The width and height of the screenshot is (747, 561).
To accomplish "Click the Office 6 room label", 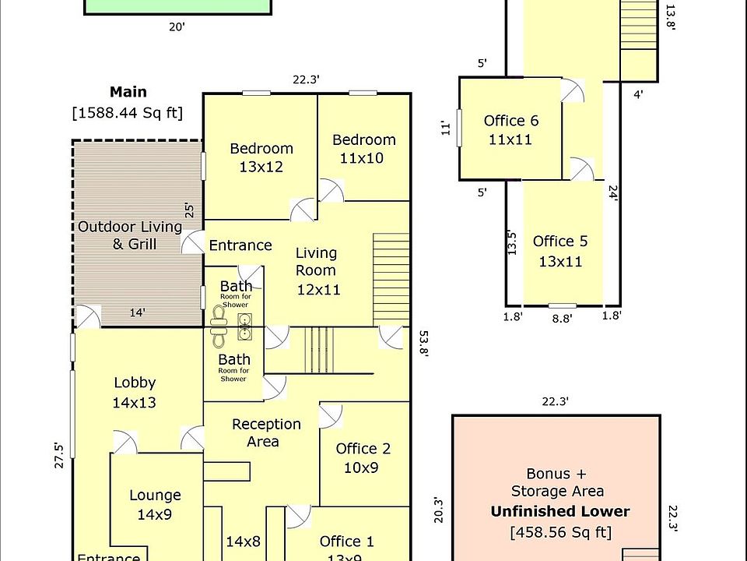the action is click(x=510, y=130).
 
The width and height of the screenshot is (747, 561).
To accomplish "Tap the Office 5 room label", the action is click(x=560, y=251).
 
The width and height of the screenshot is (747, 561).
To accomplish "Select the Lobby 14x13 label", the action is click(x=135, y=393).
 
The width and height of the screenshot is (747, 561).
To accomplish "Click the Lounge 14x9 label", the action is click(x=155, y=505).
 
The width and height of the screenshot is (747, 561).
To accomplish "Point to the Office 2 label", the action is click(x=363, y=458).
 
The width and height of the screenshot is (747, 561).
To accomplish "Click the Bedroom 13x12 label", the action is click(x=261, y=157).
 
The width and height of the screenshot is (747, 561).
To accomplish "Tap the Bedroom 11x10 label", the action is click(x=363, y=149).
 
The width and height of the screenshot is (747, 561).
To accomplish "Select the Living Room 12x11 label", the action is click(x=317, y=271).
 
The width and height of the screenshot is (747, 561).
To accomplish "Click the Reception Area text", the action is click(x=266, y=432).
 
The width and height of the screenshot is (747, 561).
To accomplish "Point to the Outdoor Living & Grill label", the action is click(x=130, y=235).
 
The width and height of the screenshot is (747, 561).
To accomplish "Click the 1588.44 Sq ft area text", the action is click(x=127, y=113).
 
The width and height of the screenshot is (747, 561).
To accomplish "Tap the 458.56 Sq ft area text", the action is click(x=560, y=531).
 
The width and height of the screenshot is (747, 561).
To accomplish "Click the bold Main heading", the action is click(x=128, y=92).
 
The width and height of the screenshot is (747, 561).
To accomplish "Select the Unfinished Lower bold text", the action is click(x=560, y=511).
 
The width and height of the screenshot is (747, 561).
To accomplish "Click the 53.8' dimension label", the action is click(x=423, y=344).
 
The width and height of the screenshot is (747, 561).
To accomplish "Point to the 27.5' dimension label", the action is click(x=58, y=456).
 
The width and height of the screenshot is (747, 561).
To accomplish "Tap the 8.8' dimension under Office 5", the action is click(x=562, y=318).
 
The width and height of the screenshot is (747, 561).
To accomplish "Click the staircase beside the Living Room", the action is click(x=391, y=280).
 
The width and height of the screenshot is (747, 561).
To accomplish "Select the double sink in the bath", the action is click(x=245, y=326).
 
